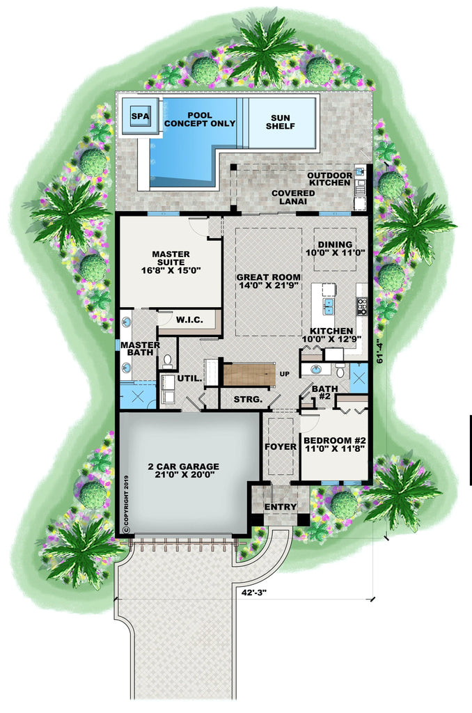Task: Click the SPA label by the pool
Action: pos(140,116)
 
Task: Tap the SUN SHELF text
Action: pos(281,122)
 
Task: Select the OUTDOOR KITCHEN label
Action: pos(330,179)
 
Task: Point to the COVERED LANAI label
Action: pos(293,197)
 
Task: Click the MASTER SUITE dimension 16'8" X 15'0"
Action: pos(171,270)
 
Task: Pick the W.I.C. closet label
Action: pos(189,320)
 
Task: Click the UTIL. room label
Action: pos(189,378)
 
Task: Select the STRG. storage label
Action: pos(248,399)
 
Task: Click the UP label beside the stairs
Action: pos(285,374)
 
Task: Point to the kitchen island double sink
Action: pos(329,306)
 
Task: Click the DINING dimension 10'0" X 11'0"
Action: pos(336,252)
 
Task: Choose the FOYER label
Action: pos(281,446)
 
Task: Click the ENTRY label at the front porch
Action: pos(281,507)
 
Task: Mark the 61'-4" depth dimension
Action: pos(381,352)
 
